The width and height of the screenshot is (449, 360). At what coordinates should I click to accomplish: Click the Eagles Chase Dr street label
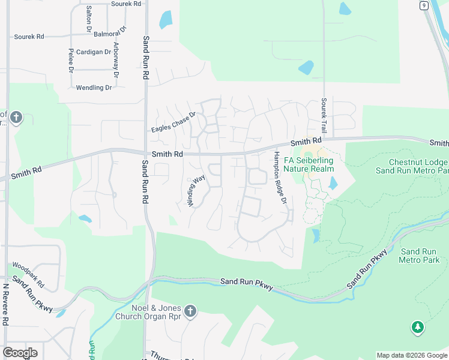(x=173, y=122)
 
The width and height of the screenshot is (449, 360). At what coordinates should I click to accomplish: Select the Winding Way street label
(x=196, y=190)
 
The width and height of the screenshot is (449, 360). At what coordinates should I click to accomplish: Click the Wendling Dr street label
(x=94, y=88)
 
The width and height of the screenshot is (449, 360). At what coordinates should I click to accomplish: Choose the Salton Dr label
(x=89, y=19)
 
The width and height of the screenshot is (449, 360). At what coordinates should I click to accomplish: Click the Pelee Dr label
(x=71, y=60)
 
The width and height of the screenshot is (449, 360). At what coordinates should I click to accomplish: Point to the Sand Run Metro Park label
(x=420, y=256)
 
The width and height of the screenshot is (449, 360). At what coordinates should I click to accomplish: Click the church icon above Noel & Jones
(x=190, y=311)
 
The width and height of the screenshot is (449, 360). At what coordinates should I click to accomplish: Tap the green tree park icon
(x=417, y=328)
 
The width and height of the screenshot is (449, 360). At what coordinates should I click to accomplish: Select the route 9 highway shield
(x=424, y=5)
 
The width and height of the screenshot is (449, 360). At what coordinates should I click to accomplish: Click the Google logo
(x=20, y=353)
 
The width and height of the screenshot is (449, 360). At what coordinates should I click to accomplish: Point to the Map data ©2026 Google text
(x=412, y=355)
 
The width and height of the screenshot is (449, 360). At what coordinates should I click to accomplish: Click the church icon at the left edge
(x=16, y=117)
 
